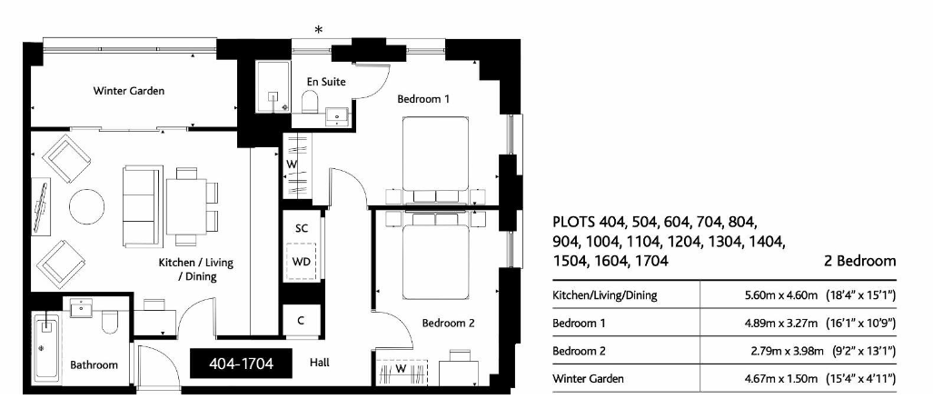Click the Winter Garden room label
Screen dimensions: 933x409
coord(128,91)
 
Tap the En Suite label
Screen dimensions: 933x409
coord(326,82)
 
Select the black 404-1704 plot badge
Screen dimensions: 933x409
coord(242,364)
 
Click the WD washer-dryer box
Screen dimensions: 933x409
coord(301,262)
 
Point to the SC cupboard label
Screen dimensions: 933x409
coord(301,228)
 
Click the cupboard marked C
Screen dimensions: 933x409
coord(301,320)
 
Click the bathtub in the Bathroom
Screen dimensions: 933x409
coord(46,347)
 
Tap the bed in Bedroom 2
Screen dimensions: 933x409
coord(435,256)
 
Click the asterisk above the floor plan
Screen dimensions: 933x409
coord(319,30)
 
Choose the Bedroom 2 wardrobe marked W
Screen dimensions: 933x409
coord(402,370)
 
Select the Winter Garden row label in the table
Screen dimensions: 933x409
coord(588,378)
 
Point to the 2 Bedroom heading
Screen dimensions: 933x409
coord(859,261)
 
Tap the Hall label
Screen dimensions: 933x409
coord(319,363)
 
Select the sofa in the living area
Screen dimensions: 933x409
coord(142,206)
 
